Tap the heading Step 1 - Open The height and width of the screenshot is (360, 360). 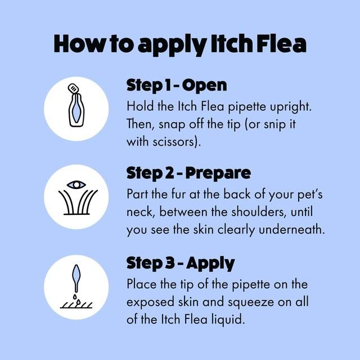pyautogui.click(x=177, y=85)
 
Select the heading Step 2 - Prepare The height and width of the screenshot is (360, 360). pyautogui.click(x=188, y=173)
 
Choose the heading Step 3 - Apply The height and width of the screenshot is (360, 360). pyautogui.click(x=181, y=263)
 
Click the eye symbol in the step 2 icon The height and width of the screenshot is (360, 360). pyautogui.click(x=76, y=184)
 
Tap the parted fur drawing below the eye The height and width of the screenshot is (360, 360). pyautogui.click(x=76, y=203)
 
